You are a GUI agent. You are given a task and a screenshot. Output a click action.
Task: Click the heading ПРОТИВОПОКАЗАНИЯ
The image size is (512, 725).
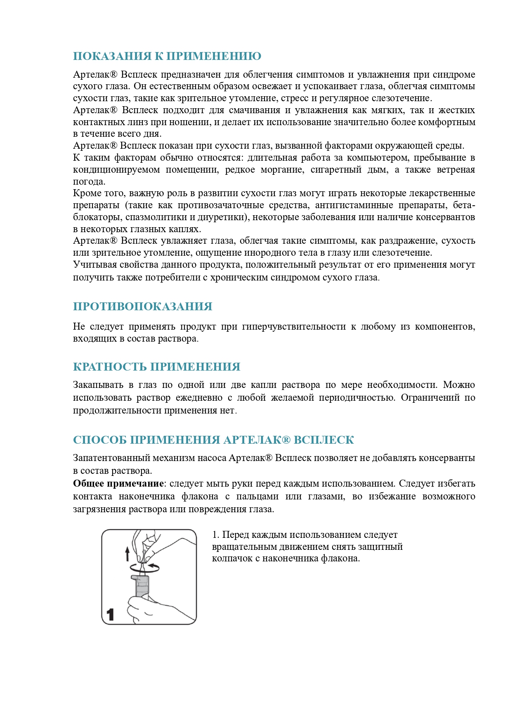pos(142,307)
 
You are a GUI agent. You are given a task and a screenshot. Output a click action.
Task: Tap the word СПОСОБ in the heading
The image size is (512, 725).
pos(99,440)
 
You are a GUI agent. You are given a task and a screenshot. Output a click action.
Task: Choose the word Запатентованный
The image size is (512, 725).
pos(111,458)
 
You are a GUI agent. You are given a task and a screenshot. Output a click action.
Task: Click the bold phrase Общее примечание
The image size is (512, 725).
pos(118,484)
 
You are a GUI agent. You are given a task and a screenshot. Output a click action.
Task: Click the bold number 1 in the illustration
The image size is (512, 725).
pos(110,614)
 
